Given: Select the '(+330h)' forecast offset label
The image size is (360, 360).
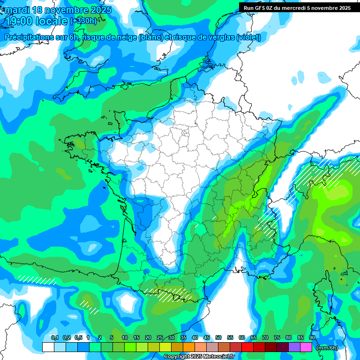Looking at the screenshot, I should pyautogui.click(x=83, y=21).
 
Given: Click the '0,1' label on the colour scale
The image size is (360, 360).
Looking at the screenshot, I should pyautogui.click(x=54, y=338).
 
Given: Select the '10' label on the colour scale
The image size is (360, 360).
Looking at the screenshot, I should pyautogui.click(x=125, y=338).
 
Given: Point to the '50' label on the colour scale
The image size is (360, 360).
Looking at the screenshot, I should pyautogui.click(x=218, y=338).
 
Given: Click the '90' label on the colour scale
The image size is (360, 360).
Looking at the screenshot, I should pyautogui.click(x=312, y=338).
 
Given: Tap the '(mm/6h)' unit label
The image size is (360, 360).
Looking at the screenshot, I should pyautogui.click(x=327, y=347).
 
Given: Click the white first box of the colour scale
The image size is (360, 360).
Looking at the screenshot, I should pyautogui.click(x=48, y=347).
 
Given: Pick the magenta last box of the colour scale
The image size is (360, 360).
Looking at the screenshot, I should pyautogui.click(x=306, y=347).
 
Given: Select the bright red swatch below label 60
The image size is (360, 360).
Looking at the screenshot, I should pyautogui.click(x=247, y=347).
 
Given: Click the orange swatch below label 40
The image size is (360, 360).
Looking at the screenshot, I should pyautogui.click(x=189, y=347).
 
